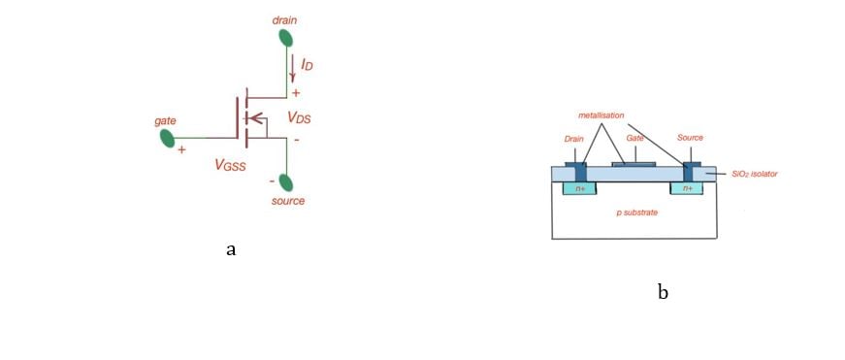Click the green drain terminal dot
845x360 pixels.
[285, 38]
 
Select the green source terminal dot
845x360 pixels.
[285, 181]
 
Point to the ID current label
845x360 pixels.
[308, 64]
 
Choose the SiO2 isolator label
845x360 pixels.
[755, 174]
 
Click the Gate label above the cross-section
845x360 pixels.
[635, 139]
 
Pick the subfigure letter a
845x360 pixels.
[231, 249]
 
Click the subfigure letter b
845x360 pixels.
[663, 291]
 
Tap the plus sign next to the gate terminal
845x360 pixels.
[181, 150]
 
